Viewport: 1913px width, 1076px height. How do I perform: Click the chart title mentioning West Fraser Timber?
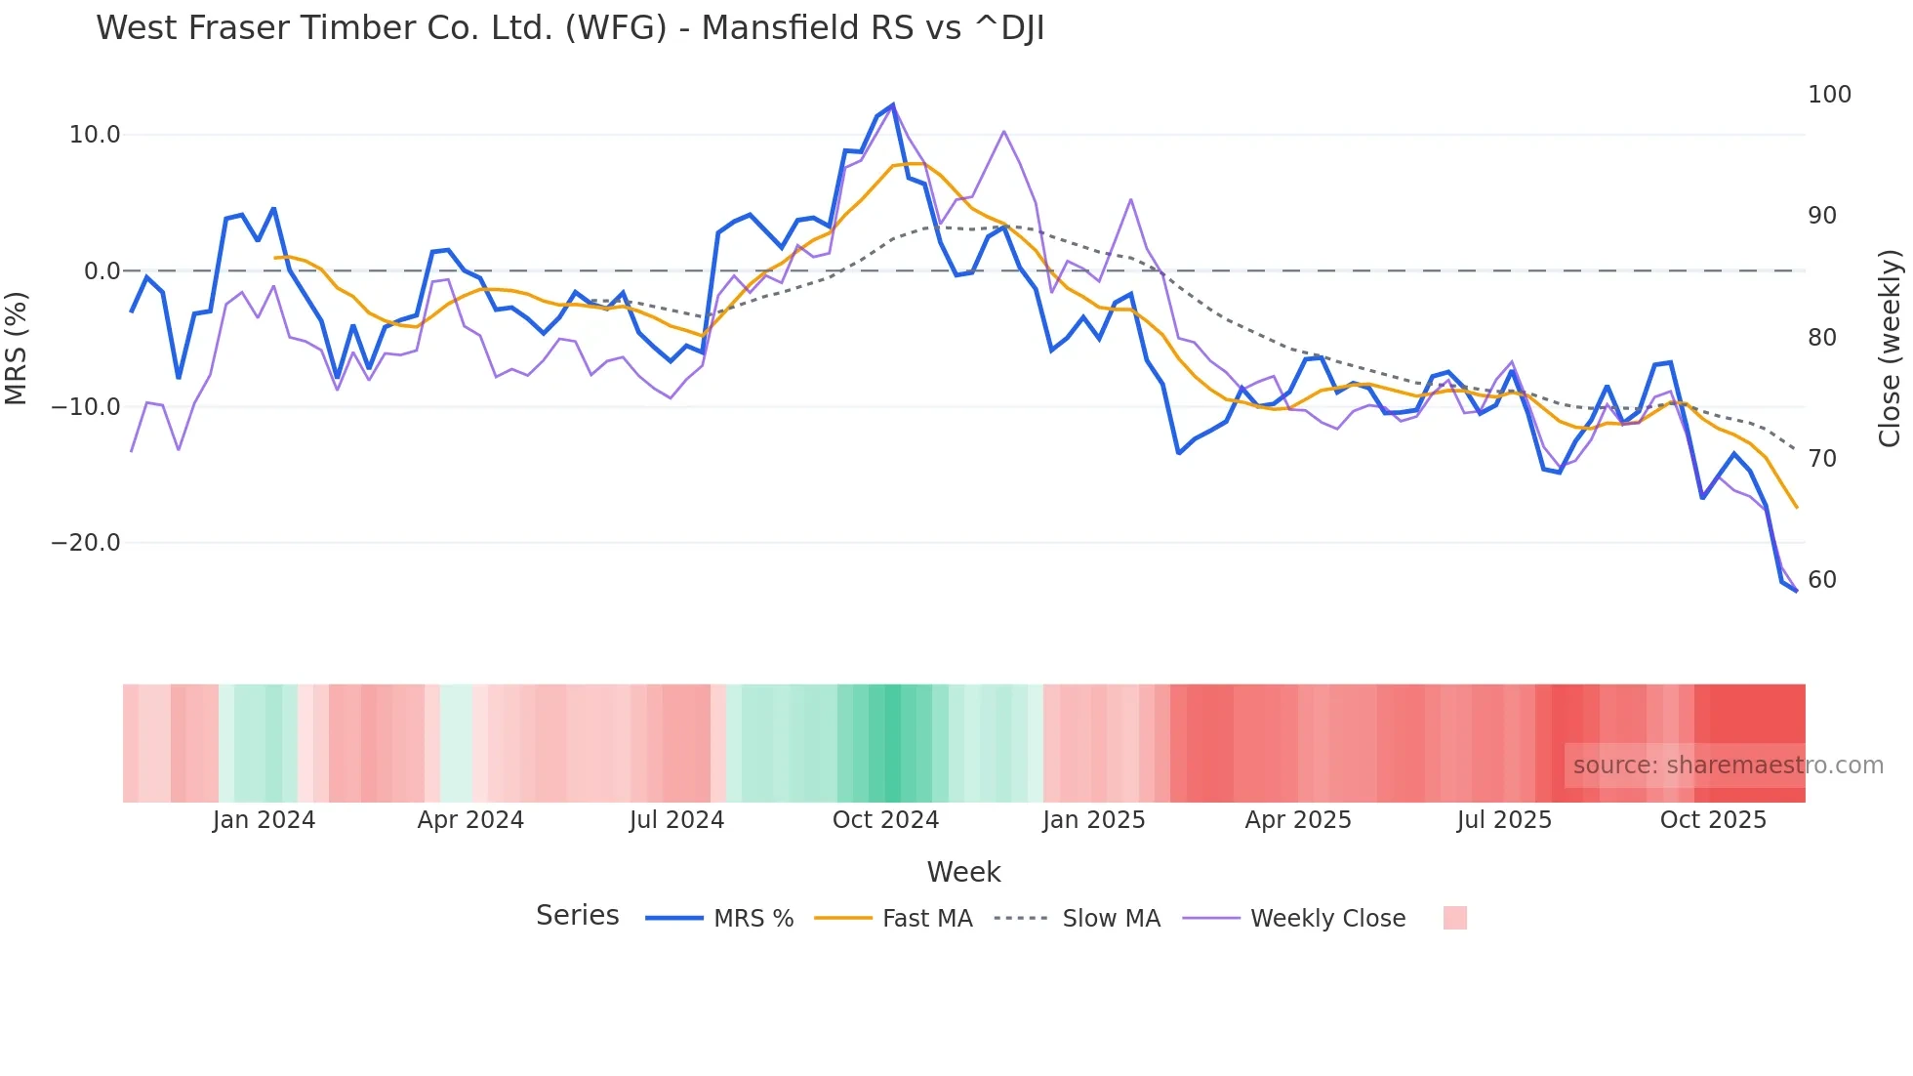pyautogui.click(x=570, y=28)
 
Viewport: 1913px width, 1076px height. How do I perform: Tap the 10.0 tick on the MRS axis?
pyautogui.click(x=95, y=135)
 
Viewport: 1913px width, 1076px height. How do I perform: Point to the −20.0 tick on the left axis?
pyautogui.click(x=86, y=543)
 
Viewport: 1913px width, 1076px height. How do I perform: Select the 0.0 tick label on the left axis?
pyautogui.click(x=102, y=271)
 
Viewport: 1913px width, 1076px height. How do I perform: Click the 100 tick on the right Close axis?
pyautogui.click(x=1829, y=95)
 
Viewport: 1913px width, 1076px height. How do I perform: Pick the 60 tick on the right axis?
pyautogui.click(x=1822, y=580)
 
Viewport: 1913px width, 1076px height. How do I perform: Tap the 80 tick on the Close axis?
pyautogui.click(x=1822, y=338)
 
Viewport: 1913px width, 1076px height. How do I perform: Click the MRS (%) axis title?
pyautogui.click(x=17, y=348)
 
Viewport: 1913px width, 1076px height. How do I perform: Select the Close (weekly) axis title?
pyautogui.click(x=1890, y=349)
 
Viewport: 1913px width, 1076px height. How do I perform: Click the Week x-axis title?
pyautogui.click(x=963, y=872)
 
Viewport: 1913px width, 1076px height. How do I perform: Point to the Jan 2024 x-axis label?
pyautogui.click(x=264, y=820)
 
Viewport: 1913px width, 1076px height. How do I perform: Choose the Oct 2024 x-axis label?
pyautogui.click(x=885, y=820)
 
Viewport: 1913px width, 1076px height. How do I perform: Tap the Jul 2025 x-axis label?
pyautogui.click(x=1504, y=820)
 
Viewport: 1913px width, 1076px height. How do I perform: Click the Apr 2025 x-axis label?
pyautogui.click(x=1298, y=820)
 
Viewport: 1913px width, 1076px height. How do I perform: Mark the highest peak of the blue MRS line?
pyautogui.click(x=892, y=105)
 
